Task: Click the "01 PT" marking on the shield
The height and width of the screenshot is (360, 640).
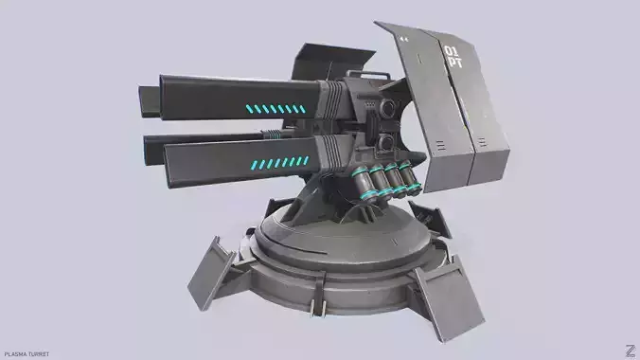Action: [454, 55]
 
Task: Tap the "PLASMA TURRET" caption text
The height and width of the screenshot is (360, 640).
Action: [27, 353]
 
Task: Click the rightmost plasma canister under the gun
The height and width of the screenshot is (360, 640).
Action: [407, 175]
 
